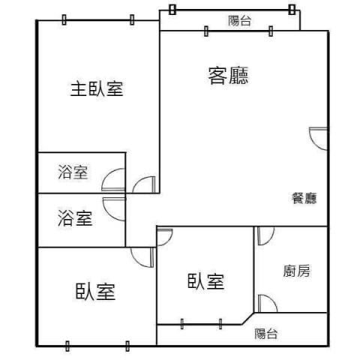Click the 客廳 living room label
click(x=228, y=76)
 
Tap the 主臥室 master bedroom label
click(x=97, y=89)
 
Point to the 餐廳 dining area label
click(x=304, y=198)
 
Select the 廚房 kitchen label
click(x=296, y=271)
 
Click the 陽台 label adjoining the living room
click(x=239, y=20)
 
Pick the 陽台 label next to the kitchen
click(x=266, y=334)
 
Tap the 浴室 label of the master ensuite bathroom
click(x=73, y=172)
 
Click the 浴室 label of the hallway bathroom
click(x=75, y=218)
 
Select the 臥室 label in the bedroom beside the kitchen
click(x=205, y=281)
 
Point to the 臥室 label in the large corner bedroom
click(x=95, y=292)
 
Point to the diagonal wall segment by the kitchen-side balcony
click(x=248, y=319)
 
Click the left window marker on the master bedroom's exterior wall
click(x=64, y=19)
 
